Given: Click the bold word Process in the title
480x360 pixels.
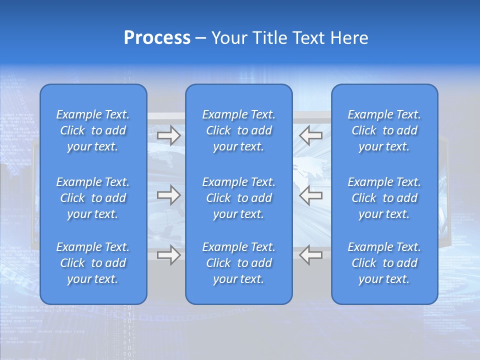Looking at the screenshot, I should [157, 38].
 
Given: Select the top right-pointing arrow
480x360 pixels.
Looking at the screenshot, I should [168, 135].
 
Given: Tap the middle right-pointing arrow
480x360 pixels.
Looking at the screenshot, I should [168, 195].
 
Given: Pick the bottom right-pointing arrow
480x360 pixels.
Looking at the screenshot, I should [168, 255].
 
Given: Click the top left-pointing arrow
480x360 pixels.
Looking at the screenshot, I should [310, 135].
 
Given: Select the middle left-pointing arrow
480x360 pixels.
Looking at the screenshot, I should [310, 195].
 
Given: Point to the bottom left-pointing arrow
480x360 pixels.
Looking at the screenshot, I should [310, 255].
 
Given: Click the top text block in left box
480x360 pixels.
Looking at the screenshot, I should [93, 130].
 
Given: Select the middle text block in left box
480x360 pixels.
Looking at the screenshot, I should [93, 198].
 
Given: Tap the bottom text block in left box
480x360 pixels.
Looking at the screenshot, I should [93, 263].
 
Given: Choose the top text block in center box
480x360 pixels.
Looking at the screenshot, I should [239, 130].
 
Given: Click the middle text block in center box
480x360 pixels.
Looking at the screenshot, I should [239, 198].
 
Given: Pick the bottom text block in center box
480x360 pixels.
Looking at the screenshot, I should [239, 263].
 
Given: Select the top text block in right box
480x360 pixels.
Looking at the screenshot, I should [384, 130].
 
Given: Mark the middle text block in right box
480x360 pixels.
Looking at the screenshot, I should [384, 198].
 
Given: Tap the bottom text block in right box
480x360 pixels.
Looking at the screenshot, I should [384, 263].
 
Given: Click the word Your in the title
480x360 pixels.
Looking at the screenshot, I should [228, 38].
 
